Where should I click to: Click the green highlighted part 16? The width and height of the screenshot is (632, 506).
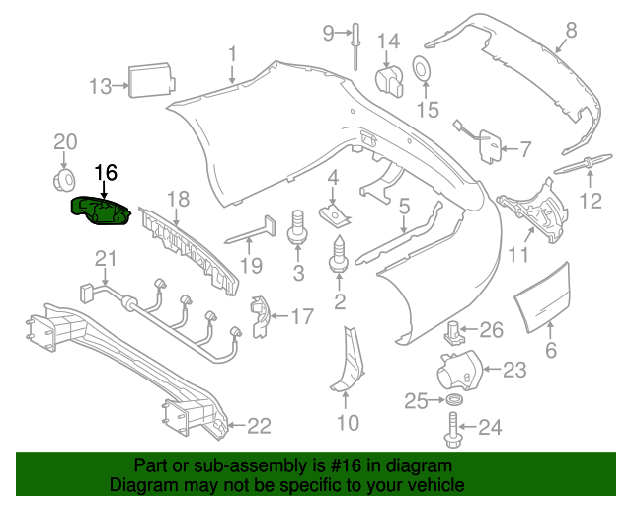pos(100,210)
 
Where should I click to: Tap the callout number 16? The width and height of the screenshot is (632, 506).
pos(105,173)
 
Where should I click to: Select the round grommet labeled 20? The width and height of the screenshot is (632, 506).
pos(64,180)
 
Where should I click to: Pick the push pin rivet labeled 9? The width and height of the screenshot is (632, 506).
pos(354,49)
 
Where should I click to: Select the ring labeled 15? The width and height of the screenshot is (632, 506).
pos(420,69)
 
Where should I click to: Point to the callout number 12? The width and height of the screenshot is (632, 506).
pos(590,203)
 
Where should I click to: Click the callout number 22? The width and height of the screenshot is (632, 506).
pos(258,427)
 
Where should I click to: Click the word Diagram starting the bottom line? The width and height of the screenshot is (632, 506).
pos(139,486)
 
